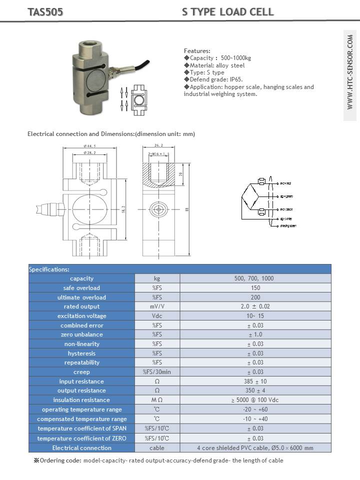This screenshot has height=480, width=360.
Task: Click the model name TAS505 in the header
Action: click(x=45, y=12)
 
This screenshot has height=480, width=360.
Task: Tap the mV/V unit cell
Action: click(x=157, y=306)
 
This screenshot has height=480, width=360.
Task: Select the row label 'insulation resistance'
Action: click(x=81, y=400)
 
